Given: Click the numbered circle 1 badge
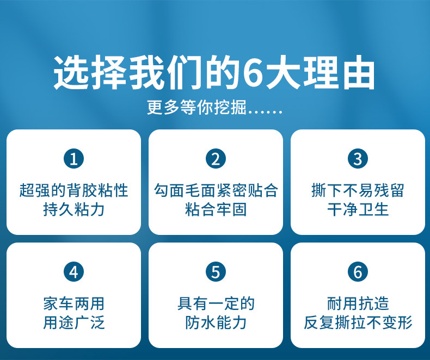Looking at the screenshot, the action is (74, 159).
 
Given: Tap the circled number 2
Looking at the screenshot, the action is (216, 159).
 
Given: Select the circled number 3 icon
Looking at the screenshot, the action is (358, 159).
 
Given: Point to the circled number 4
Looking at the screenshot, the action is (74, 272).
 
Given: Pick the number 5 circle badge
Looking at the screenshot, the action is (216, 272).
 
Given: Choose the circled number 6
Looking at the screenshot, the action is (358, 272).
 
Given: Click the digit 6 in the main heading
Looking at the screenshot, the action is (253, 73).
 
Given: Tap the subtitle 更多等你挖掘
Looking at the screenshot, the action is (196, 107).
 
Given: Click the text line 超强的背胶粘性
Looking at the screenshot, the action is (74, 190).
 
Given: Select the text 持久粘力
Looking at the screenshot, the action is (74, 209).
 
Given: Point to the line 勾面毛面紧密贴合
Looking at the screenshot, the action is (216, 190).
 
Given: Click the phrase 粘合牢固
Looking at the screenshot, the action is (216, 209).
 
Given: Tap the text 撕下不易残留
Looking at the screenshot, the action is (358, 190).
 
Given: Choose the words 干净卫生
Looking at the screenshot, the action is (358, 209).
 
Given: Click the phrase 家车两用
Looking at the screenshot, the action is (74, 303).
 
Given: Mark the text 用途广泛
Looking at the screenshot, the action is (74, 322).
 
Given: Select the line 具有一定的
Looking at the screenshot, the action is (216, 303).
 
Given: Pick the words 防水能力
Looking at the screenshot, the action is (216, 322).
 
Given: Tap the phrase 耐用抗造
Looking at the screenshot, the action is (358, 303).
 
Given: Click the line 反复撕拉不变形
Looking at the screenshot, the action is (358, 322).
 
